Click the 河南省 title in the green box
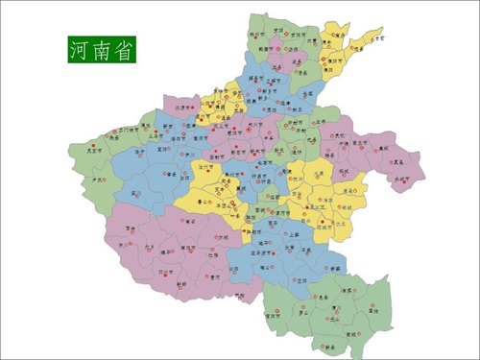pos(102,47)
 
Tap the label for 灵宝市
pos(92,150)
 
